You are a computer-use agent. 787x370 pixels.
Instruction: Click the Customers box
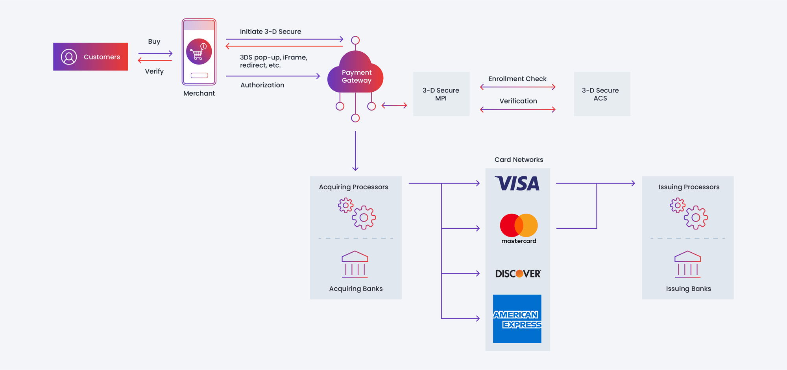coord(91,57)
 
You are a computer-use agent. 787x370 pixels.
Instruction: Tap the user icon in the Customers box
coord(69,57)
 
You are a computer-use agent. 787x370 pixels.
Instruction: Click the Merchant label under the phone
coord(199,93)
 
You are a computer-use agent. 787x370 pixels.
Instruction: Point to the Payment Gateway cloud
coord(356,76)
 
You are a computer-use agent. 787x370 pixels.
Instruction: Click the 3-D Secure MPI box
coord(441,94)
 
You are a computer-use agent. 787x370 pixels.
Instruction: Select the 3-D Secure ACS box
coord(602,94)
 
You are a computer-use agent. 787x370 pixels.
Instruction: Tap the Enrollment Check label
coord(517,79)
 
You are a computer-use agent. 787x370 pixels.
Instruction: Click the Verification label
coord(518,101)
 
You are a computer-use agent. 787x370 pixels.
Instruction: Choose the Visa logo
coord(517,183)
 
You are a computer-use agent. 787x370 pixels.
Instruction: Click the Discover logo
coord(518,274)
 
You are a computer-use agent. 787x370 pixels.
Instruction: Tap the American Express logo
coord(517,319)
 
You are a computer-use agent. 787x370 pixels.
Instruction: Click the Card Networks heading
coord(519,159)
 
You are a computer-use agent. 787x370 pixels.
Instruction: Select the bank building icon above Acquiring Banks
coord(355,264)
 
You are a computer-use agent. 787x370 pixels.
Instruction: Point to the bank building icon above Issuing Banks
coord(687,264)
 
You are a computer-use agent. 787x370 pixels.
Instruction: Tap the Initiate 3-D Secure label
coord(270,31)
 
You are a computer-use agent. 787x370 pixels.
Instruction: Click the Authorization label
coord(262,85)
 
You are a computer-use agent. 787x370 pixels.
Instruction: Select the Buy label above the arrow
coord(154,41)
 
